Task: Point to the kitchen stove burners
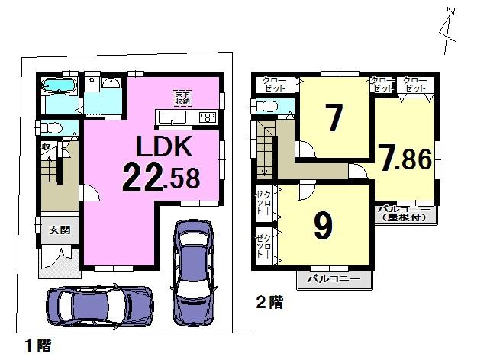point(207,117)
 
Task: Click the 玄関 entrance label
point(58,230)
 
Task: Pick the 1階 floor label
point(37,346)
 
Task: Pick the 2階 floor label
point(268,303)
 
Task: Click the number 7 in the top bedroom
point(332,119)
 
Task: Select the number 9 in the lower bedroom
point(324,225)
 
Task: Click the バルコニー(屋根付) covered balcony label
point(406,211)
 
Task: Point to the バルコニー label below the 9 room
point(330,279)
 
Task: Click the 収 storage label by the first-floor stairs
point(47,147)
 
